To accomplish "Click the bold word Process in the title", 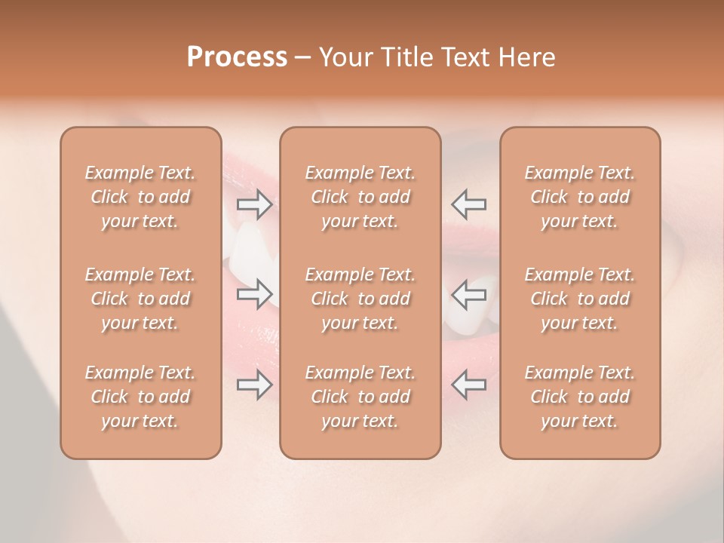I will (237, 57).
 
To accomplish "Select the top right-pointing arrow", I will (255, 204).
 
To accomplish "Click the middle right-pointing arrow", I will (255, 293).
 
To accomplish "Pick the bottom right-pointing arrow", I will (255, 385).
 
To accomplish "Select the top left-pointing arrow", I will (469, 204).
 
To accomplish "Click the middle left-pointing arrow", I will (469, 293).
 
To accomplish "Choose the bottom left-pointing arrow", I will (469, 385).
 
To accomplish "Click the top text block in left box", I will (140, 197).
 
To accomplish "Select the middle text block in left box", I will (140, 299).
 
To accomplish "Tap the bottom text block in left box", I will (140, 397).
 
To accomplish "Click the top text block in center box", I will (360, 197).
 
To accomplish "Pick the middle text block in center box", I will (360, 299).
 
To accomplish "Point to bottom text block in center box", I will (360, 397).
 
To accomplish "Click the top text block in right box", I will (580, 197).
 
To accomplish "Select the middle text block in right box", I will (580, 299).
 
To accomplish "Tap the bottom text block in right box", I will (580, 397).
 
